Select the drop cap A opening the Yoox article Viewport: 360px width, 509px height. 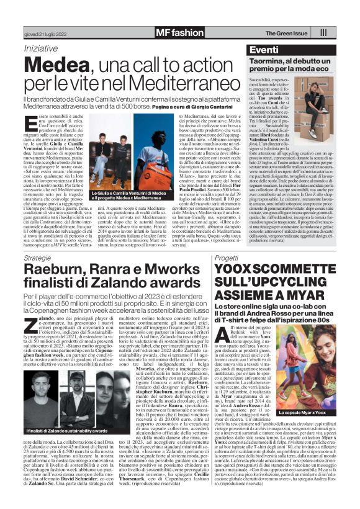[221, 336]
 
